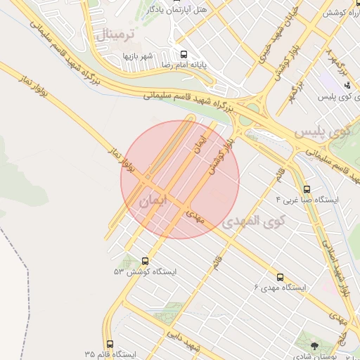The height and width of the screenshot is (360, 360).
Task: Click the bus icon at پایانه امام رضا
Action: [x=184, y=53]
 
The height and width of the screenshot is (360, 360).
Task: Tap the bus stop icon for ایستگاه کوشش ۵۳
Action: [x=145, y=260]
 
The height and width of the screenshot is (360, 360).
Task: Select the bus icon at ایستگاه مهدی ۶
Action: [x=281, y=277]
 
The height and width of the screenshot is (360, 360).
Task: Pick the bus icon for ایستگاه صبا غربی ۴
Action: [x=307, y=189]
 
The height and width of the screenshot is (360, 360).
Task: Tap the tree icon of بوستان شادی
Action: [x=314, y=346]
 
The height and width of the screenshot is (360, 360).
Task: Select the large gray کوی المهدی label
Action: [x=254, y=221]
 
